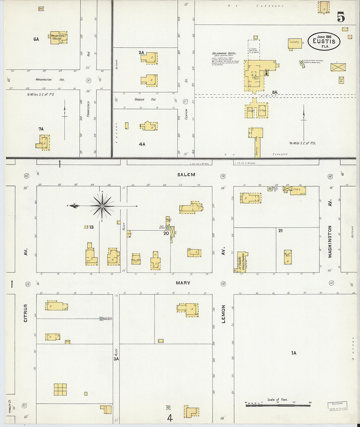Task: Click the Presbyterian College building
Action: click(59, 38)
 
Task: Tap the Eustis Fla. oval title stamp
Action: click(324, 42)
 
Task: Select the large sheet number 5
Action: click(341, 17)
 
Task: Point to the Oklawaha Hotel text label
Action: click(224, 53)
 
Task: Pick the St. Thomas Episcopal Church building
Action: click(242, 262)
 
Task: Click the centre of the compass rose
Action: click(102, 206)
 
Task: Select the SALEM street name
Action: click(186, 175)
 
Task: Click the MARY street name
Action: click(183, 283)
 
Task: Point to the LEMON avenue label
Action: click(224, 314)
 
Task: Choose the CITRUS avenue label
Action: click(26, 313)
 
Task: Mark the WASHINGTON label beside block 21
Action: click(330, 241)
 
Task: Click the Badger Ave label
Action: click(145, 99)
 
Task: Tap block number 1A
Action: click(294, 353)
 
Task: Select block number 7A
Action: click(41, 129)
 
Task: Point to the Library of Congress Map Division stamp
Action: click(337, 406)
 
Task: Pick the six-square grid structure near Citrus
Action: click(60, 390)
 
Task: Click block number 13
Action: click(91, 227)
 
